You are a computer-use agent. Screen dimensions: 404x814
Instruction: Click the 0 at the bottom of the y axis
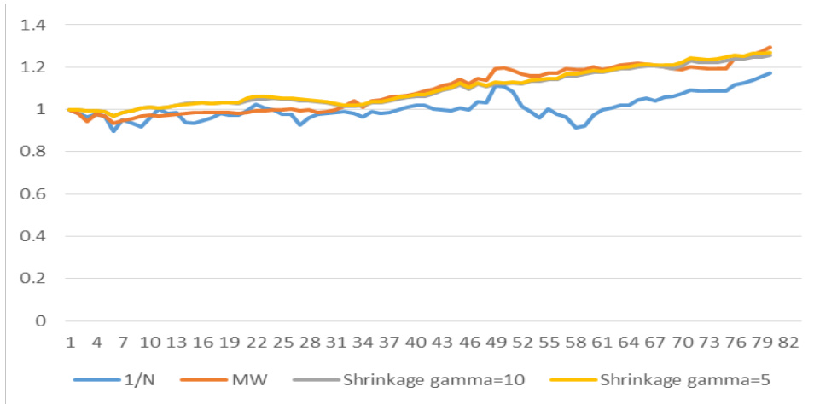(37, 320)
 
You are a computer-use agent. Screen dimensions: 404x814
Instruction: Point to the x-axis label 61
(602, 343)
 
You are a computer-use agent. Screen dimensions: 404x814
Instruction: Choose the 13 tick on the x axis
(177, 343)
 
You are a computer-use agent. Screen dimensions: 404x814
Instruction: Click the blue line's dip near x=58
(577, 128)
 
